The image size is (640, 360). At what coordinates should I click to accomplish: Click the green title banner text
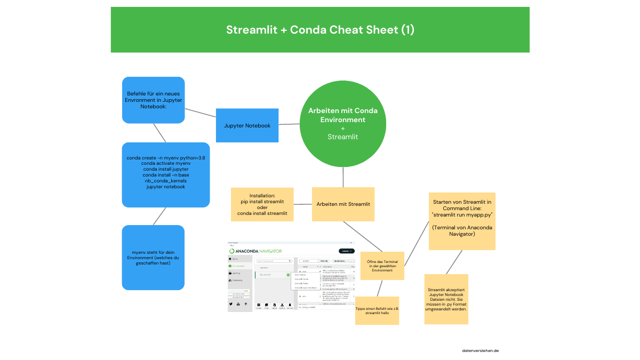coord(320,30)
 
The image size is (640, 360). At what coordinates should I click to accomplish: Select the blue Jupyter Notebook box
coord(247,125)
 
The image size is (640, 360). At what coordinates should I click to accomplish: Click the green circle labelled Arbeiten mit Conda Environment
coord(342,123)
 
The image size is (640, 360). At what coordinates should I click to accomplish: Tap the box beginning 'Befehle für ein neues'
coord(154,100)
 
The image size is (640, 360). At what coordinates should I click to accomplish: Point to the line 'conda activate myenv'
coord(165,163)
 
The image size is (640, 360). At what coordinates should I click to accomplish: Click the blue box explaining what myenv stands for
coord(153,258)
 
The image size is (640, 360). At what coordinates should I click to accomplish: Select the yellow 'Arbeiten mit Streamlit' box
coord(343,204)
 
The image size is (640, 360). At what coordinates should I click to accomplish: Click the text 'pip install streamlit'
coord(262,202)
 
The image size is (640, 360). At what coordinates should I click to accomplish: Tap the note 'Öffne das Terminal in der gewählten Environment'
coord(382,266)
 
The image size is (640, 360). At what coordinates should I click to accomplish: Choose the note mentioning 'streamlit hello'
coord(377,310)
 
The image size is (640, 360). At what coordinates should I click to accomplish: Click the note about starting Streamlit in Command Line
coord(462,221)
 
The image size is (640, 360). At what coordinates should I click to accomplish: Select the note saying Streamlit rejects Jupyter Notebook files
coord(446,299)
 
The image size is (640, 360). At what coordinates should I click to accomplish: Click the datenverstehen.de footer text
coord(480,351)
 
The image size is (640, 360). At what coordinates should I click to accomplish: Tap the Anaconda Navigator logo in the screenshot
coord(255,251)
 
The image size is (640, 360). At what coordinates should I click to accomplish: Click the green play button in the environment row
coord(288,275)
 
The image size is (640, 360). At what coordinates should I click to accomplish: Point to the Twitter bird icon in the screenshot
coord(231,303)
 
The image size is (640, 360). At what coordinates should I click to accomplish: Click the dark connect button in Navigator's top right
coord(346,251)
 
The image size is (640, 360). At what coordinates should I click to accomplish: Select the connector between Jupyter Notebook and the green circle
coord(289,124)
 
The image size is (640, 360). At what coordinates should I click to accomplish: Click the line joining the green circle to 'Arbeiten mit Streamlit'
coord(342,176)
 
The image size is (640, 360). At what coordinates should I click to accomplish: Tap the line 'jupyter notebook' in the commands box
coord(165,187)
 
